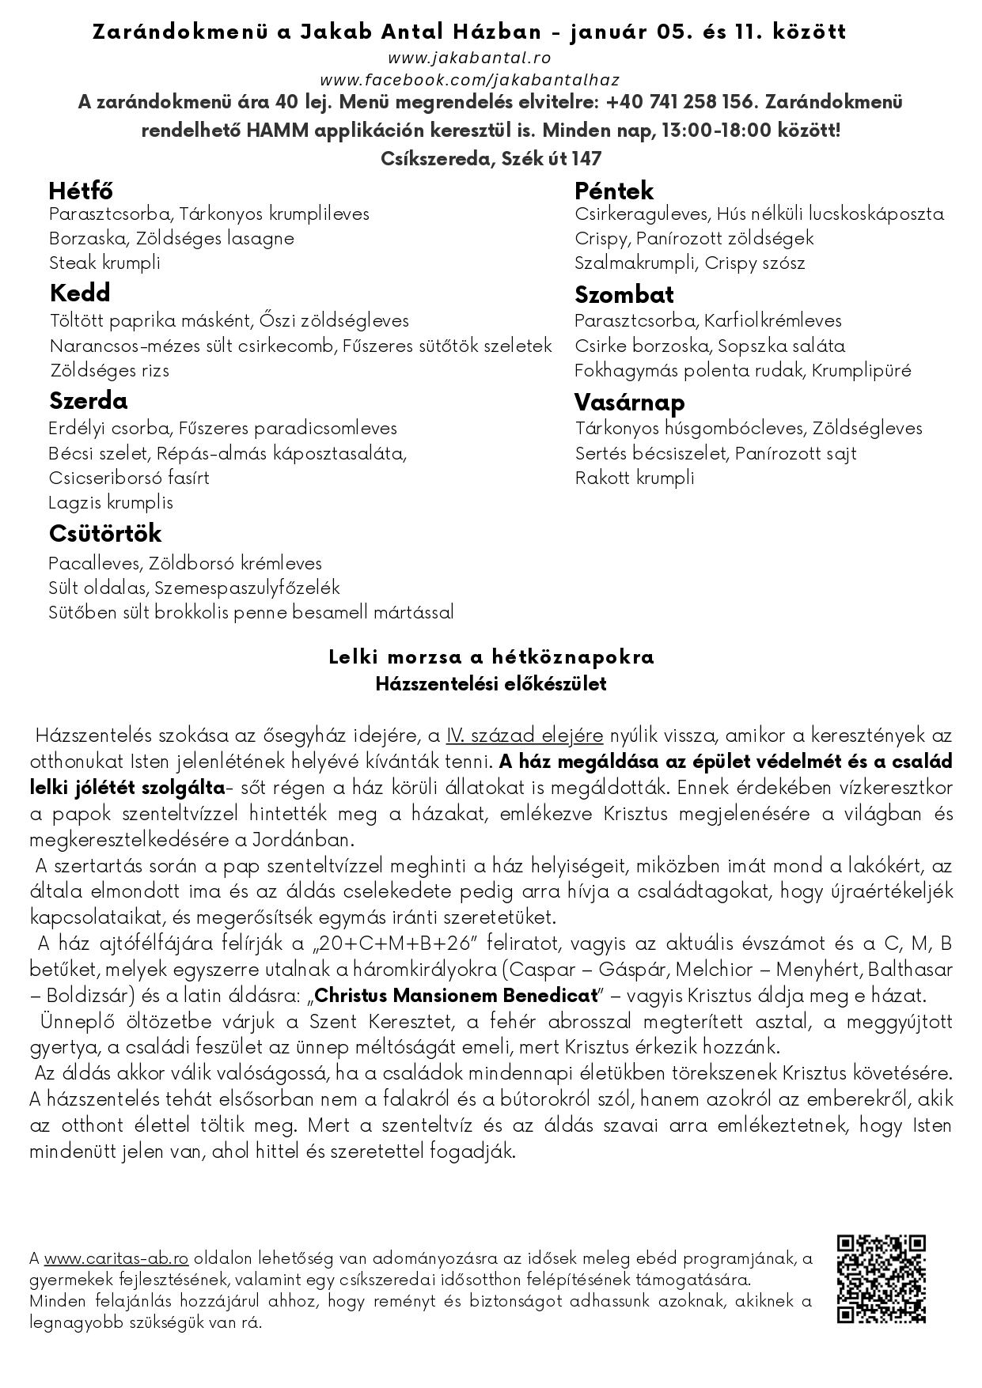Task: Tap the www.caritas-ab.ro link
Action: click(116, 1258)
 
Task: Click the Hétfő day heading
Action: click(81, 191)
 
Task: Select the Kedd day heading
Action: click(80, 293)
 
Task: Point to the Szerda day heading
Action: click(88, 401)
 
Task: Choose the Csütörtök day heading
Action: click(105, 533)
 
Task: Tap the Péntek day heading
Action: click(614, 191)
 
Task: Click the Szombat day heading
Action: click(624, 295)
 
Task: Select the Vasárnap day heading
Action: click(630, 403)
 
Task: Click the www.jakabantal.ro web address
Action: click(469, 58)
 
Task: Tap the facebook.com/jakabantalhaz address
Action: click(469, 80)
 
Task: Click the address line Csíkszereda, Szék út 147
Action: click(491, 159)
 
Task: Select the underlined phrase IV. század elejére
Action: click(524, 736)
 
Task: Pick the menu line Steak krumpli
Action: click(104, 263)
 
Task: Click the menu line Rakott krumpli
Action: click(635, 478)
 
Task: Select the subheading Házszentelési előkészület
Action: click(491, 684)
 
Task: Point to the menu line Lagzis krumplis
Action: click(111, 503)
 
